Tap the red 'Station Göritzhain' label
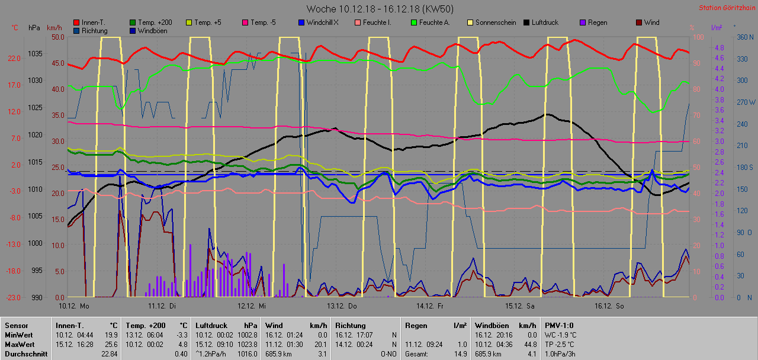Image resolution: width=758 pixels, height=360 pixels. [x=727, y=8]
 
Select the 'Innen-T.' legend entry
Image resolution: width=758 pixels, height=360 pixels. [x=94, y=22]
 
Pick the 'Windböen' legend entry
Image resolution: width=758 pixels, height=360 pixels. [x=153, y=31]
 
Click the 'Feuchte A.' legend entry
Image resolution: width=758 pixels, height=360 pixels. [x=435, y=22]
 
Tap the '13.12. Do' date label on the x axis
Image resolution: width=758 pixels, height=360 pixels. [x=340, y=306]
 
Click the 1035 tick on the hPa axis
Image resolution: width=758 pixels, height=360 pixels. [x=35, y=54]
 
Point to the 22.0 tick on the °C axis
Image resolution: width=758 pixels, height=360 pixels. [x=14, y=59]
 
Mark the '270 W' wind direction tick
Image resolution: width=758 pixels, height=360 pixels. [x=744, y=102]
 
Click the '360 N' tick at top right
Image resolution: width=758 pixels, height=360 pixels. [x=744, y=37]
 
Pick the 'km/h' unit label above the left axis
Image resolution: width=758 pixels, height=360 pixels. [x=54, y=28]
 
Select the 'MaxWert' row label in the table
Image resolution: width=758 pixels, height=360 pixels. [x=20, y=344]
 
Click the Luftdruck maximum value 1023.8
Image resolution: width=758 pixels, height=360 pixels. [x=247, y=344]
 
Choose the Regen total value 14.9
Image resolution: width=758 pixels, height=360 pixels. [x=460, y=354]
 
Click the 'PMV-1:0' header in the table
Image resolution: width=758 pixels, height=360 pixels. [x=559, y=325]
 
